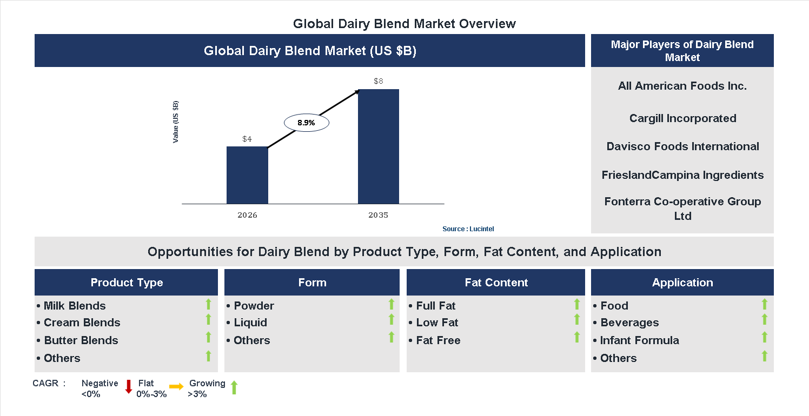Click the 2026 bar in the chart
pos(247,175)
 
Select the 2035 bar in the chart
pos(379,146)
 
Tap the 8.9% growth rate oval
pos(306,123)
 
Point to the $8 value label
pos(379,81)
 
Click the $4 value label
pos(247,139)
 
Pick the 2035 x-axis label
pos(379,215)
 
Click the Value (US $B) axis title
pos(176,122)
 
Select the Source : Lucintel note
pos(468,229)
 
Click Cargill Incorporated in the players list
pos(682,118)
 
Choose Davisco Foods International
pos(682,146)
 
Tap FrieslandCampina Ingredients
pos(682,175)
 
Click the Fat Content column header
pos(496,283)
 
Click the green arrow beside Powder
pos(392,305)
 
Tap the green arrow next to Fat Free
pos(577,338)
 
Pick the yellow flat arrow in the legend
pos(176,387)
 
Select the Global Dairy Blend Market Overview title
pos(404,24)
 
